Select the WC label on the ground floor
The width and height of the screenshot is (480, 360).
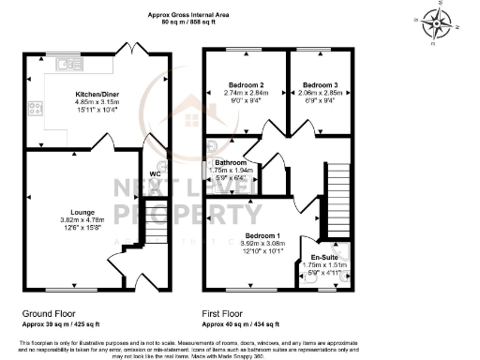click(x=156, y=173)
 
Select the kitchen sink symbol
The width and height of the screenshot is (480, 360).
click(x=64, y=66)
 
